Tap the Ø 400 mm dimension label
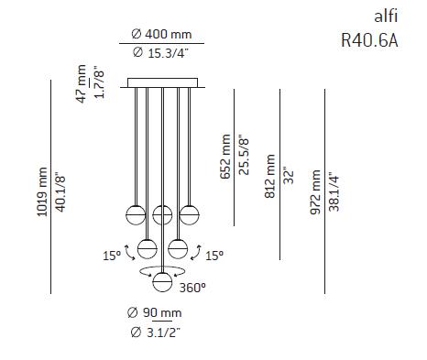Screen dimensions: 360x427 [x=163, y=33]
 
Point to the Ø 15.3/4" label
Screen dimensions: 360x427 [x=163, y=52]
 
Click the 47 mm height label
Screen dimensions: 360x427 [x=82, y=82]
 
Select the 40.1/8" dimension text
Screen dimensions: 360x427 [x=61, y=190]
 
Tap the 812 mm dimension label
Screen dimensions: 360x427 [x=270, y=175]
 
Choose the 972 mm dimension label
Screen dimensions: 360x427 [x=316, y=190]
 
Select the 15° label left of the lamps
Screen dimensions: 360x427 [x=111, y=256]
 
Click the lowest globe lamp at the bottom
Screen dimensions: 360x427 [x=163, y=281]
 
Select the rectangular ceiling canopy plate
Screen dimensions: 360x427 [x=163, y=83]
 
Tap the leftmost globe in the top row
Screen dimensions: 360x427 [x=137, y=215]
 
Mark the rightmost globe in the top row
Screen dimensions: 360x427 [x=190, y=215]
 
